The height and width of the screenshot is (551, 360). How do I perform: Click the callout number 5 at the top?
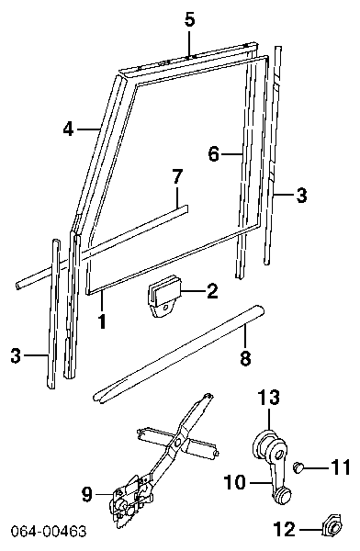tap(189, 19)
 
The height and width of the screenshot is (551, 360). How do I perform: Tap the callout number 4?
tap(69, 129)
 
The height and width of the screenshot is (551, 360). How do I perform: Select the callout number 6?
tap(214, 154)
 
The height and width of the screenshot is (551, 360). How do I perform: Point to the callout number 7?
tap(177, 176)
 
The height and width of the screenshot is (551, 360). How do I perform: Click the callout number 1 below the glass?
tap(102, 321)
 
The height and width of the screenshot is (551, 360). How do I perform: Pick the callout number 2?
tap(212, 291)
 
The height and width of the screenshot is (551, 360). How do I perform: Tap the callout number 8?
tap(245, 358)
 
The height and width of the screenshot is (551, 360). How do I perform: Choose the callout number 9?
tap(86, 495)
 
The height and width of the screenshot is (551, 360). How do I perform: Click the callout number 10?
tap(235, 482)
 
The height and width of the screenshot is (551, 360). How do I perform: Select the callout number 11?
tap(340, 467)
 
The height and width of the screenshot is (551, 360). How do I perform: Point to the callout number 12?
tap(285, 529)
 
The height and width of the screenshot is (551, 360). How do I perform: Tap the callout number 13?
tap(269, 397)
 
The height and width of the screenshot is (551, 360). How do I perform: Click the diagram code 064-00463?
tap(48, 531)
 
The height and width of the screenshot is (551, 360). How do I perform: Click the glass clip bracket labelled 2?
tap(163, 296)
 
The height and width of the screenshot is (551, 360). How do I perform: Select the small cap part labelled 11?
tap(298, 467)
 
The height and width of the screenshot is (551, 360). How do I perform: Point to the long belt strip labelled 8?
tap(178, 354)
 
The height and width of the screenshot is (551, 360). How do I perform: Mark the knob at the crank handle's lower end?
tap(282, 496)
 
